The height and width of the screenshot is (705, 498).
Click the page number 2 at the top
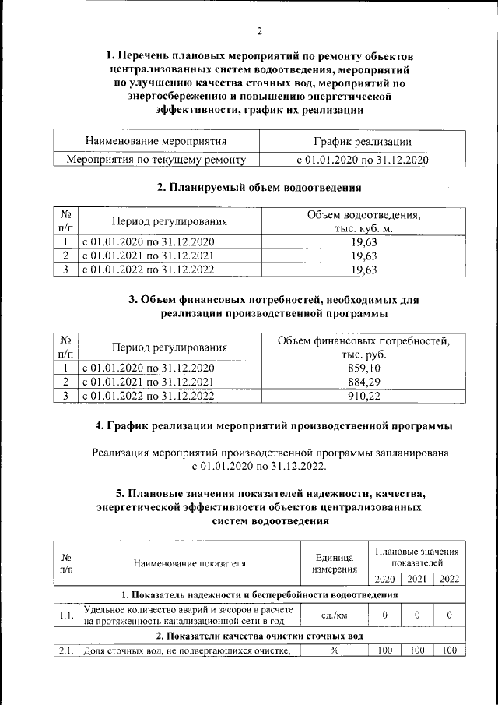tap(259, 32)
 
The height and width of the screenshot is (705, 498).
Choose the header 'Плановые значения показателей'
tap(416, 556)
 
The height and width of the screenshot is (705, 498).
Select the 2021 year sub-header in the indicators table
tap(416, 579)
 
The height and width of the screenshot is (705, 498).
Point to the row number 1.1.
tap(66, 615)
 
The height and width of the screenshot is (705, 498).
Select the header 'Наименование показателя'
tap(190, 564)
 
